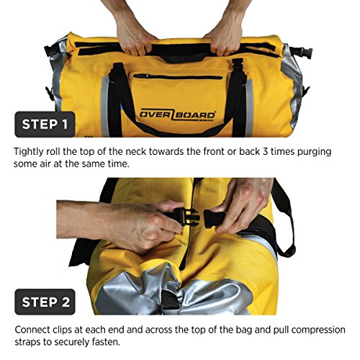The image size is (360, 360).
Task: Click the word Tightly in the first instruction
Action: click(x=32, y=152)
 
